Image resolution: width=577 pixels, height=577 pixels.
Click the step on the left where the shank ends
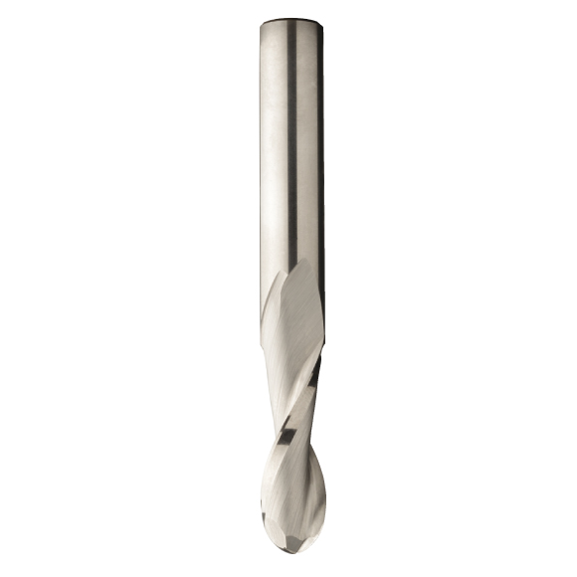pyautogui.click(x=263, y=343)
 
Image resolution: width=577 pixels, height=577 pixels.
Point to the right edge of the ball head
pyautogui.click(x=324, y=507)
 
